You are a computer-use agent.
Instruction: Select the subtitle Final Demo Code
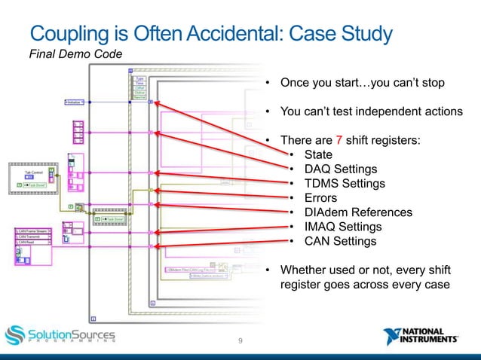(x=72, y=54)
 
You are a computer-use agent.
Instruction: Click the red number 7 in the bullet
(x=339, y=140)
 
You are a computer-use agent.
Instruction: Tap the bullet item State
(x=318, y=154)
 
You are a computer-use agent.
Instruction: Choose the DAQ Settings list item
(x=340, y=169)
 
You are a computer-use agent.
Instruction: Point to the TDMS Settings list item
(x=344, y=184)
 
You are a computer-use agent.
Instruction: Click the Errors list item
(x=321, y=198)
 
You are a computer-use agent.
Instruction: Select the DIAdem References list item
(x=358, y=212)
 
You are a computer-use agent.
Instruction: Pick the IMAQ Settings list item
(x=342, y=227)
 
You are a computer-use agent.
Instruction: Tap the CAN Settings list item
(x=339, y=241)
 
